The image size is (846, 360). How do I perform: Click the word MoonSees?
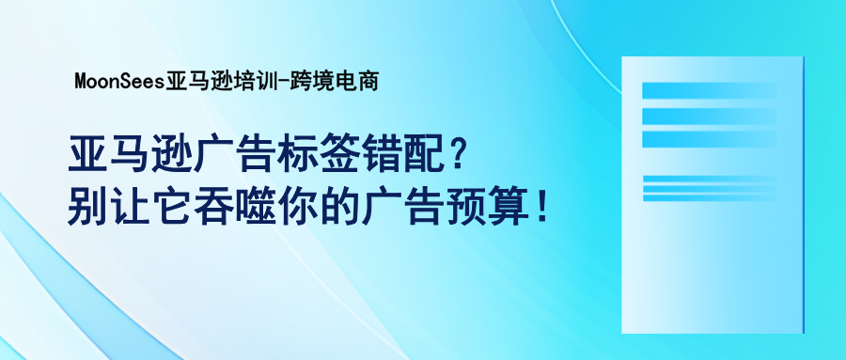pos(119,82)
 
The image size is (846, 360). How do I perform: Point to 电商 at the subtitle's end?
pos(355,82)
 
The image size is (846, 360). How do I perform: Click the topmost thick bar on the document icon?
pos(709,91)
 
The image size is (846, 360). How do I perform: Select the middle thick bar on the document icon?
pos(709,115)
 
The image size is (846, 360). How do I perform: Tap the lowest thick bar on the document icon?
pos(709,138)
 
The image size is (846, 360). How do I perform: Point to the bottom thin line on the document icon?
pos(709,197)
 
